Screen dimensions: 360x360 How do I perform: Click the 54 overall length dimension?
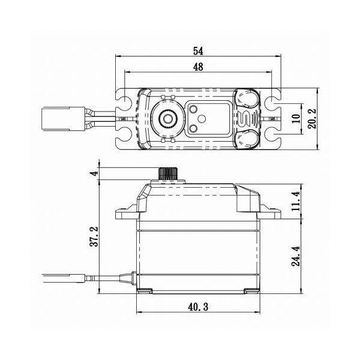199,51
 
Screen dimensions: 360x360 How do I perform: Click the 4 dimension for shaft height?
92,173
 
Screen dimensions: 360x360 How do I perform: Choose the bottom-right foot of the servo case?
250,292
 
